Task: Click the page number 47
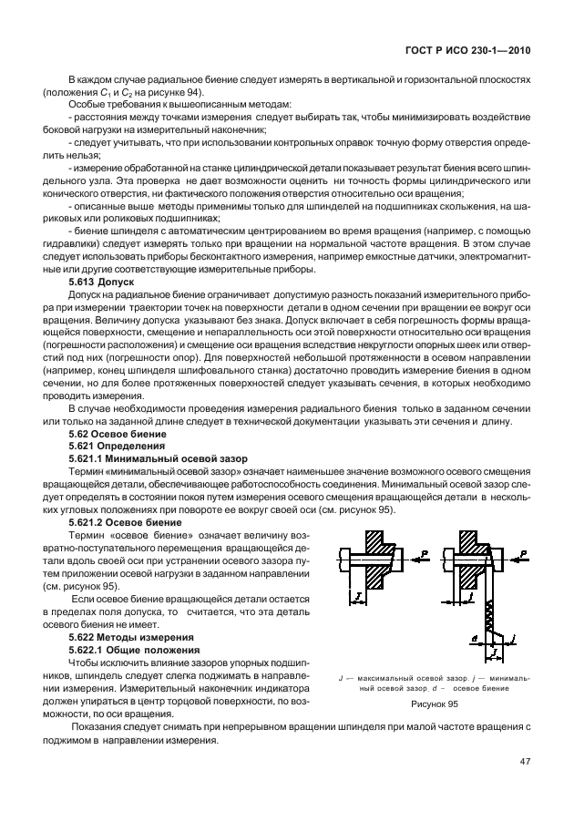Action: tap(525, 761)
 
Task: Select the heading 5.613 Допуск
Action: tap(101, 283)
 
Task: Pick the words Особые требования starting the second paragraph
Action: tap(113, 107)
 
